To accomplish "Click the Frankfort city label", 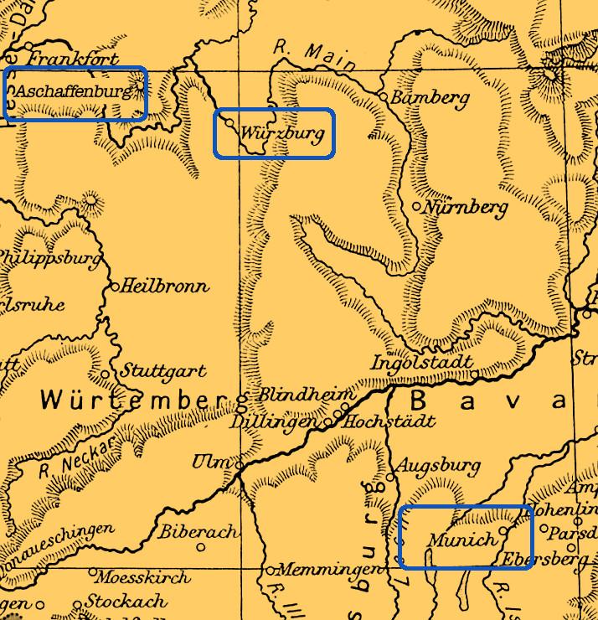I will pos(73,59).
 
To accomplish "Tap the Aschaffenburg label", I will pos(74,91).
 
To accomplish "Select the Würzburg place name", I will pos(281,133).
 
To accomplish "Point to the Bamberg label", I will pos(430,98).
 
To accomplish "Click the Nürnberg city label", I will pos(466,206).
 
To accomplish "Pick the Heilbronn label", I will pos(164,287).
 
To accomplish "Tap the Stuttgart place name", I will pos(163,369).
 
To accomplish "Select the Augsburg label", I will pos(438,465).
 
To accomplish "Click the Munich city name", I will pos(461,540).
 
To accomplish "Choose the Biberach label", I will pos(198,531).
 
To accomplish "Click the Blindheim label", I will pos(307,394).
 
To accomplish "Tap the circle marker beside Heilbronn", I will pos(116,287).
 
